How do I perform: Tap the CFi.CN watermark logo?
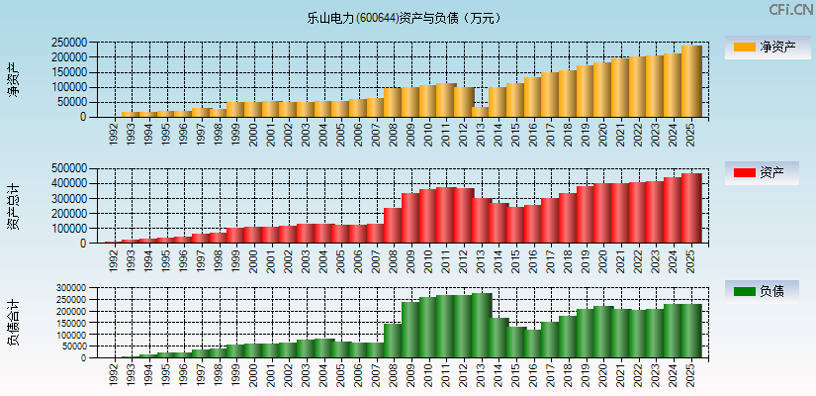pos(791,9)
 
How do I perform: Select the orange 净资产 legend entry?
pos(764,47)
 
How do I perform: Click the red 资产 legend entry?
pos(764,172)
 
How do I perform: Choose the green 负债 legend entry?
pos(764,291)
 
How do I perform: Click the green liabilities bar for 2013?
pos(482,325)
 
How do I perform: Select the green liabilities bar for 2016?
pos(534,344)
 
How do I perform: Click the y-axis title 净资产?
pos(13,79)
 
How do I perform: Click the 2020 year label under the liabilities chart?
pos(602,373)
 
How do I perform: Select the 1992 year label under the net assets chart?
pos(114,132)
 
